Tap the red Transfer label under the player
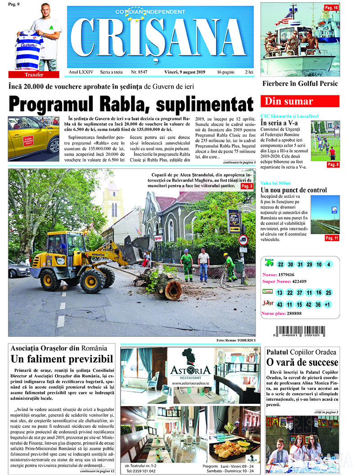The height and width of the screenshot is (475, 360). click(x=34, y=75)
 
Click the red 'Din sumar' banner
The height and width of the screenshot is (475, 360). click(x=300, y=101)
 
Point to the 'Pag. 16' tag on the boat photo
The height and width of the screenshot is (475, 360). click(x=332, y=8)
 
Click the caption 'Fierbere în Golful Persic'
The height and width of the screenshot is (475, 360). click(x=300, y=83)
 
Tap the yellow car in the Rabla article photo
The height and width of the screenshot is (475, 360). click(x=34, y=137)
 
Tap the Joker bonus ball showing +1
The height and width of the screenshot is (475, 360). click(x=328, y=304)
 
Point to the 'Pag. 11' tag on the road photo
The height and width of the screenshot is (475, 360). click(x=332, y=238)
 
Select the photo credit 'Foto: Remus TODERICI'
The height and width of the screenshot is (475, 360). click(x=236, y=340)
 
